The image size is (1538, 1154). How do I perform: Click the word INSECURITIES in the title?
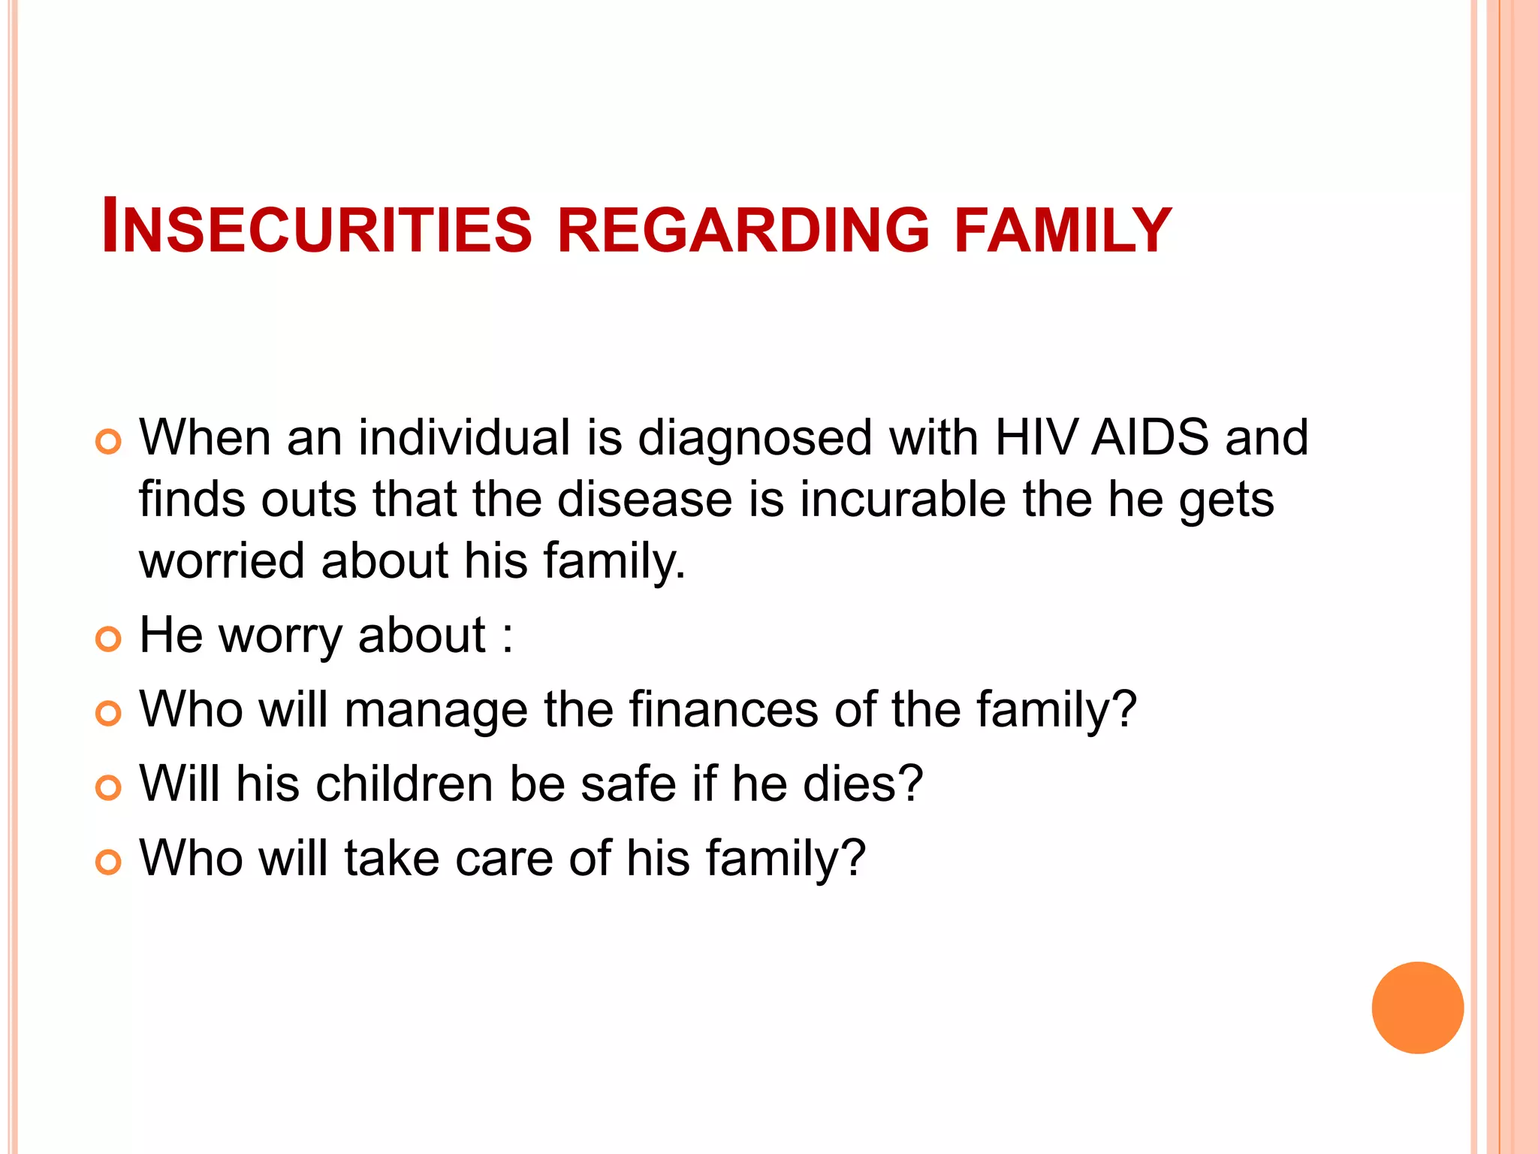click(316, 227)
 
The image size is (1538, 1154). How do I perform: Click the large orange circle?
click(1417, 1007)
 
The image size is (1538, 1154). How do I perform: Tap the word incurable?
click(903, 500)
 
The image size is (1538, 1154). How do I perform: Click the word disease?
click(645, 500)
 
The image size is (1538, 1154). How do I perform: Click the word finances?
click(723, 709)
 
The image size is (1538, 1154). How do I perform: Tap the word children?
click(405, 784)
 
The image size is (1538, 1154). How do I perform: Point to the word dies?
click(863, 784)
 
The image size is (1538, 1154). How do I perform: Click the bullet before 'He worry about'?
click(109, 639)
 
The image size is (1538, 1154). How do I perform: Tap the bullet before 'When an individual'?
click(109, 442)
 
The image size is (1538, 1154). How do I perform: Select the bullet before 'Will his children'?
click(109, 788)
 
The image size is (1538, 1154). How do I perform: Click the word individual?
click(464, 437)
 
